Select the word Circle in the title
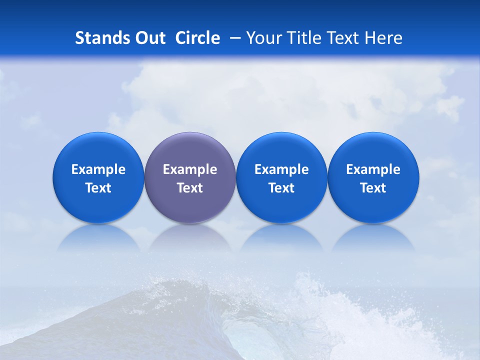click(x=197, y=38)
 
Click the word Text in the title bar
click(x=344, y=38)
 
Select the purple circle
click(x=190, y=177)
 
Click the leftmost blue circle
click(x=98, y=177)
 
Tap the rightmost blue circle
click(x=373, y=177)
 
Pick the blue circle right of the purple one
click(x=281, y=177)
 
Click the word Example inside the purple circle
click(x=190, y=169)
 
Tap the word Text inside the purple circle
click(x=190, y=188)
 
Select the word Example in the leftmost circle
click(x=98, y=169)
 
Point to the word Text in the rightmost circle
click(x=373, y=188)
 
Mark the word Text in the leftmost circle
click(x=98, y=188)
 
